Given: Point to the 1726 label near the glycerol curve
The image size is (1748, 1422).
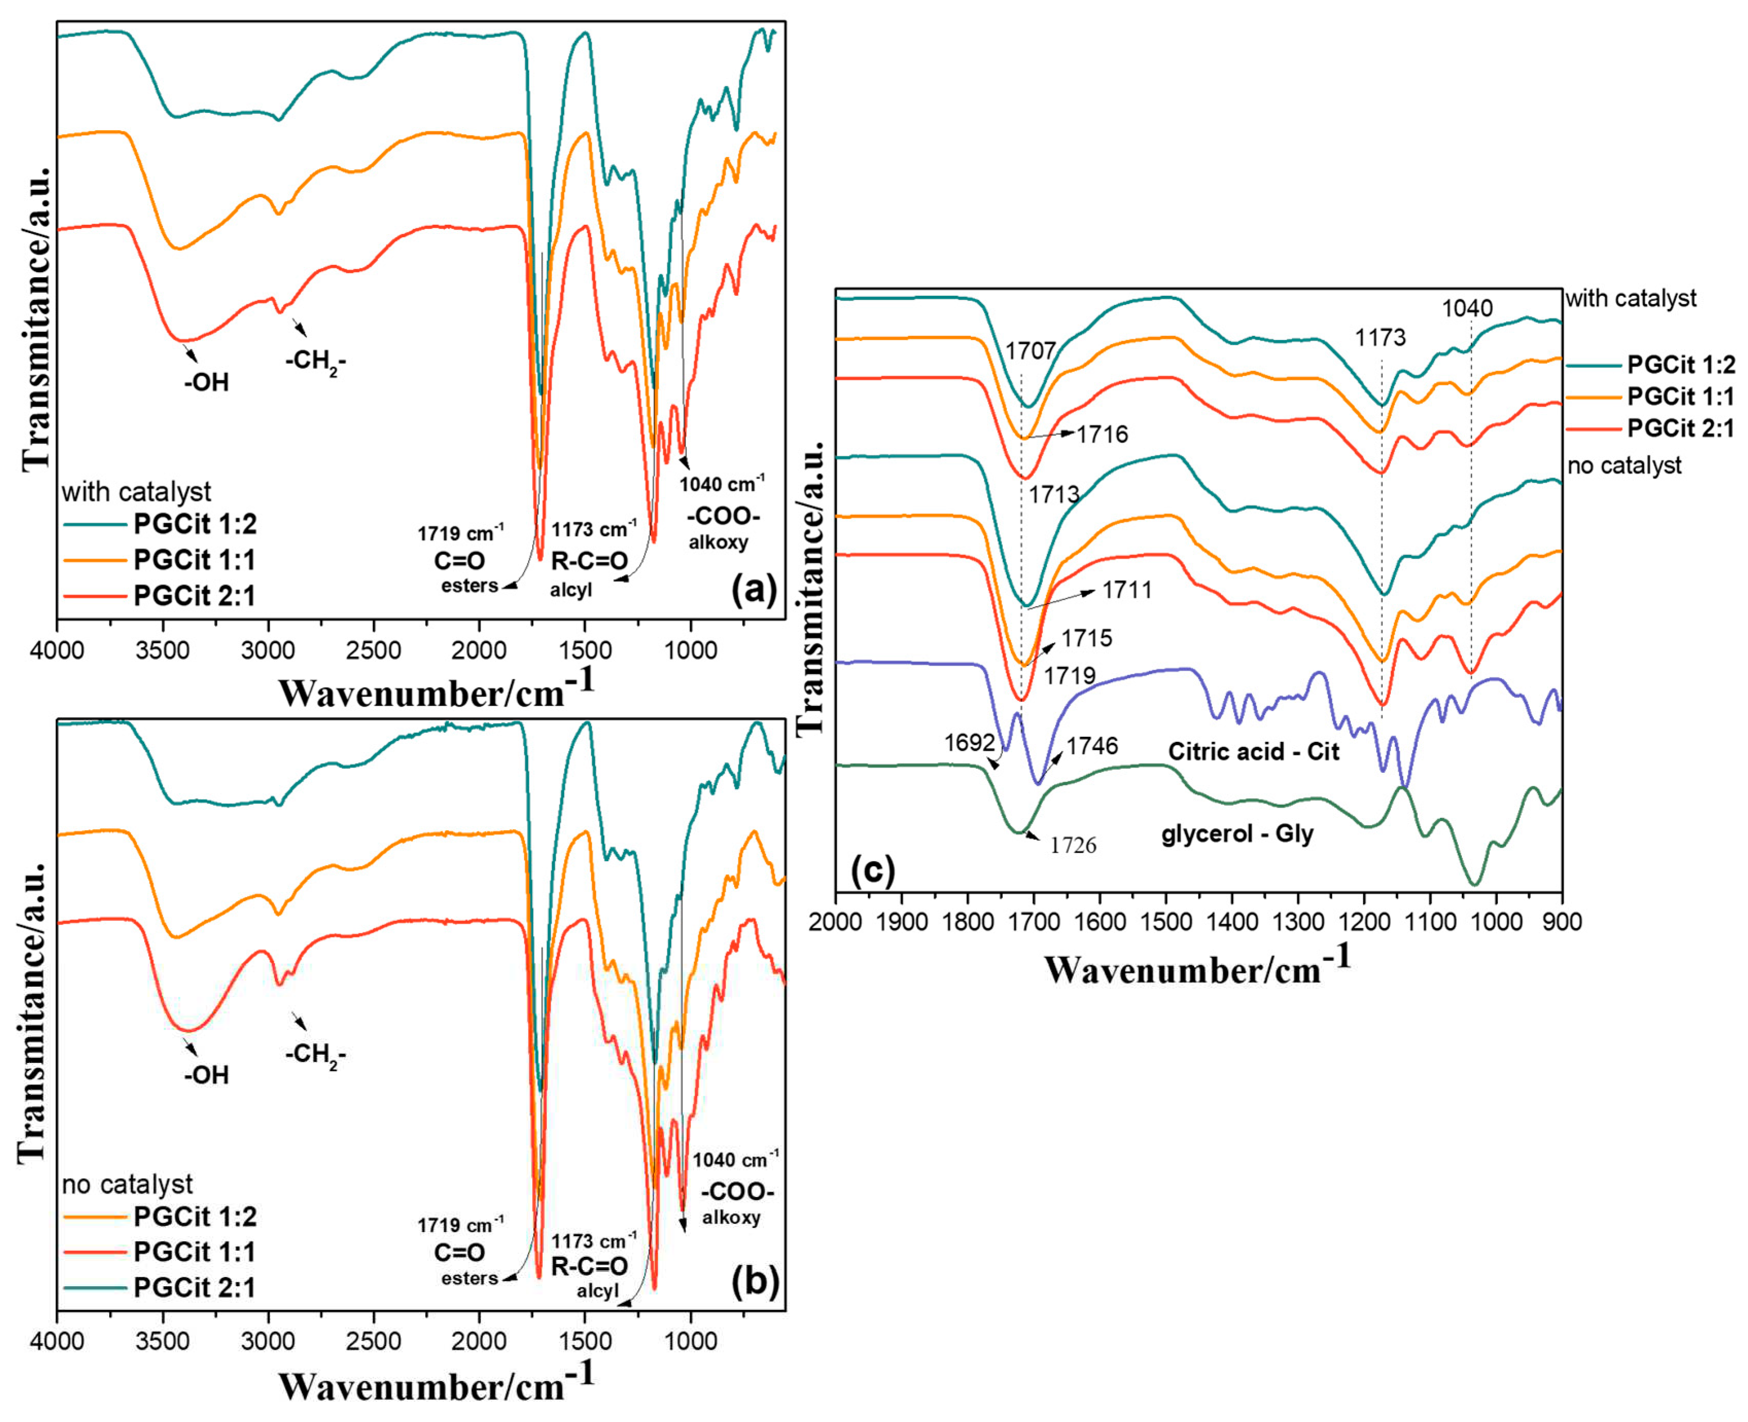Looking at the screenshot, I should click(1073, 845).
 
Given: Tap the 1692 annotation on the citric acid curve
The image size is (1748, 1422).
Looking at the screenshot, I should click(969, 742).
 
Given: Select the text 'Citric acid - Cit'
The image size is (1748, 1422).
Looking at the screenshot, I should click(1253, 751).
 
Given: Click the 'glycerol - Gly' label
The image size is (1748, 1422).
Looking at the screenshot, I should click(1237, 834).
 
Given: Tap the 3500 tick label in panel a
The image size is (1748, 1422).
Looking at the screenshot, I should click(162, 651).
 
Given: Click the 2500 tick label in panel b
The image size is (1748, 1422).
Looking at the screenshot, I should click(374, 1342).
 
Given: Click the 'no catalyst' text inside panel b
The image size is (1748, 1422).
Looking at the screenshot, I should click(127, 1184).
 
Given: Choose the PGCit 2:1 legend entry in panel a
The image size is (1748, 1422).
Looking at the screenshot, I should click(194, 596).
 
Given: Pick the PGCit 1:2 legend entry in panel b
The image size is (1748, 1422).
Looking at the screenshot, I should click(194, 1216).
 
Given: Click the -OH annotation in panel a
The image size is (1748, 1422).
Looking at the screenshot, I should click(206, 382).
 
